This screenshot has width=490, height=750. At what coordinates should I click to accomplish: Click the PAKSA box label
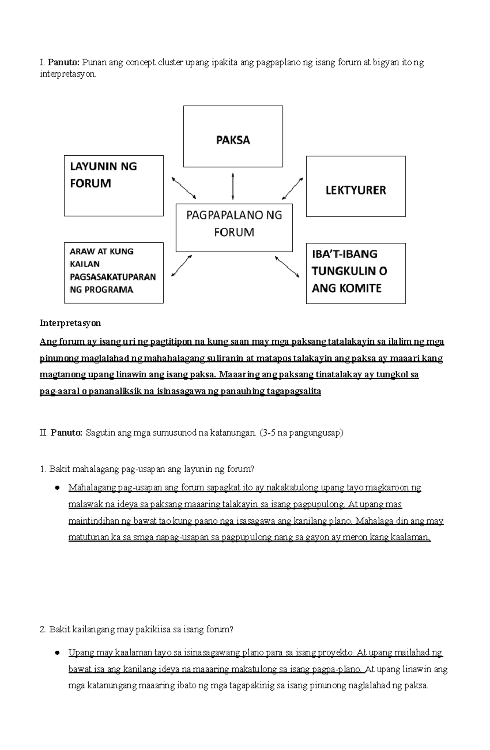point(233,140)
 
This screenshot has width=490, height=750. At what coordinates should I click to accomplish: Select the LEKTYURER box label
point(355,190)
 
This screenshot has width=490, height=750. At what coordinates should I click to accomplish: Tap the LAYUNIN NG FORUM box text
point(103,175)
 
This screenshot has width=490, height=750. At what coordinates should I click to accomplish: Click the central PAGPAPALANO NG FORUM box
point(234,224)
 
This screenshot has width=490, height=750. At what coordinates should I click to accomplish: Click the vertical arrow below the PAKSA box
point(233,186)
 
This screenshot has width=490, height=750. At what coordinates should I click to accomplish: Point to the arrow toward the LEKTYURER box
point(293,188)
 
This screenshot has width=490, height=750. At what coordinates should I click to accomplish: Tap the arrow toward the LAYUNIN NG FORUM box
point(184,188)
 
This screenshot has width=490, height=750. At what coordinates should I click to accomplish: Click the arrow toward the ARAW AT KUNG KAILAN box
point(182,266)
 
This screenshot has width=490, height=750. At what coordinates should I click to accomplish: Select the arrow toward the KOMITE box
point(287,267)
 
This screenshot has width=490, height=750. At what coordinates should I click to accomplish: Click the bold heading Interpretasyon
point(70,323)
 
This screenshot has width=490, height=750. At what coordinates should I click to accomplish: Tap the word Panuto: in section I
point(64,63)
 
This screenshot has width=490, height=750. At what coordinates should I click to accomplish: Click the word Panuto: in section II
point(67,433)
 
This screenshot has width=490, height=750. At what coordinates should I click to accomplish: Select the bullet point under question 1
point(58,488)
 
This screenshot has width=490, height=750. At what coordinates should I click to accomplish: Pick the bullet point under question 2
point(58,653)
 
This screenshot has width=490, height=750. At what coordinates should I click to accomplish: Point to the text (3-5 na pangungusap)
point(301,433)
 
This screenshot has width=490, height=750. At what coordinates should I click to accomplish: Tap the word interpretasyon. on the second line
point(68,74)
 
